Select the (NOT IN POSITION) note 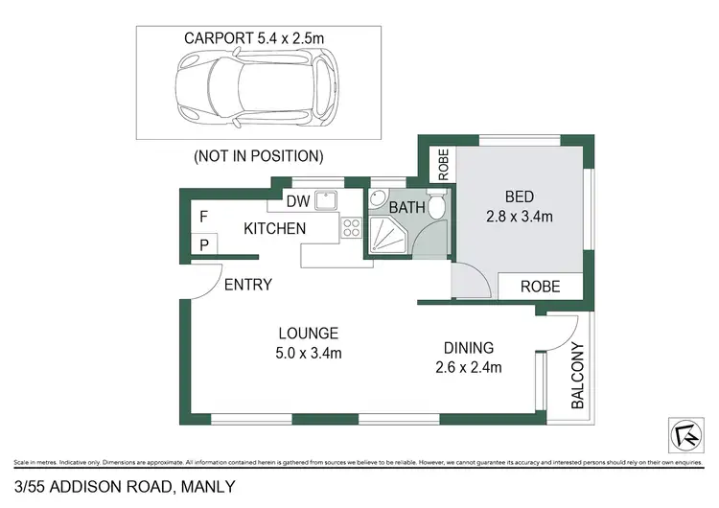point(258,155)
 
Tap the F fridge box point(203,217)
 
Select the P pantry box point(203,246)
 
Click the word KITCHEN point(274,229)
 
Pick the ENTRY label point(248,285)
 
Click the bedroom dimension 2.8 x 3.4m point(519,217)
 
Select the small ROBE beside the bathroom point(444,165)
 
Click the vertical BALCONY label point(578,376)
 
